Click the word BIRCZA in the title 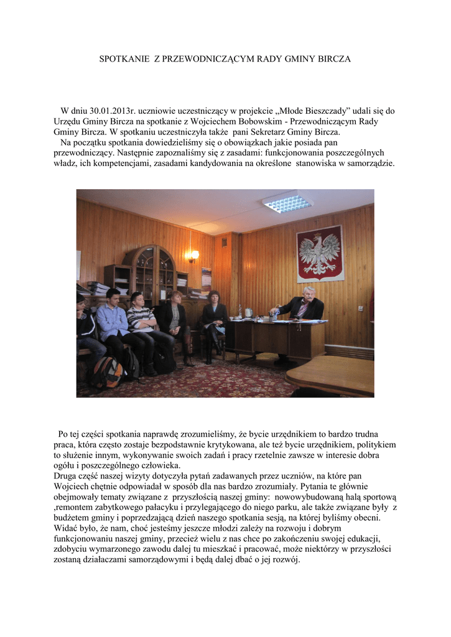pos(335,59)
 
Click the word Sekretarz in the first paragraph pos(272,132)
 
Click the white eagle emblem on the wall pos(320,253)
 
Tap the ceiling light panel pos(287,202)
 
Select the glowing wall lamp pos(194,254)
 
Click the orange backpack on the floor pos(107,372)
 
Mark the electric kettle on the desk pos(248,312)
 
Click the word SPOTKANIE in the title pos(124,59)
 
